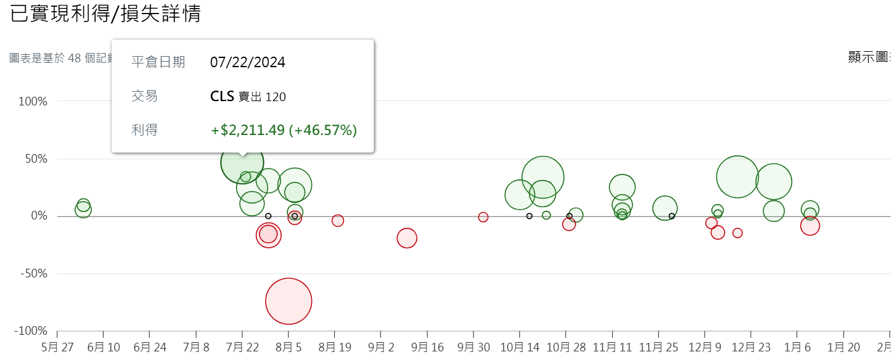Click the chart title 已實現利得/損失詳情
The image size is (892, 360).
coord(105,14)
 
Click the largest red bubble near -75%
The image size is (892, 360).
coord(288,301)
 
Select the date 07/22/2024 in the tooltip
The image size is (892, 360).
coord(248,62)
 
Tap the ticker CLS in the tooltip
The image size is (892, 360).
coord(222,96)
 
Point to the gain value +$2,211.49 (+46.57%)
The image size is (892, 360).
coord(284,130)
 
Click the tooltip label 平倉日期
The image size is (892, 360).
coord(158,62)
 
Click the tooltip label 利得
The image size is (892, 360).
coord(144,130)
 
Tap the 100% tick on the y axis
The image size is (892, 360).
coord(33,101)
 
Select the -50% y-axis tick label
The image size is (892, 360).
coord(33,274)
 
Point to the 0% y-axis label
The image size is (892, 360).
coord(39,216)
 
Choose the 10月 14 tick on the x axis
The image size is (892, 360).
coord(520,347)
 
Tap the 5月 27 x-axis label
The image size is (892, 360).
coord(57,347)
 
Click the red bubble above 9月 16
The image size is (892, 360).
coord(407,238)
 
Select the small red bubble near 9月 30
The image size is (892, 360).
coord(483,217)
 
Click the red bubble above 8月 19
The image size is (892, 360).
coord(338,221)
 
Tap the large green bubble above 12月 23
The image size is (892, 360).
coord(737,177)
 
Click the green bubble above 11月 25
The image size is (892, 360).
coord(665,208)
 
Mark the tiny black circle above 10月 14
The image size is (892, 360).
coord(530,216)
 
